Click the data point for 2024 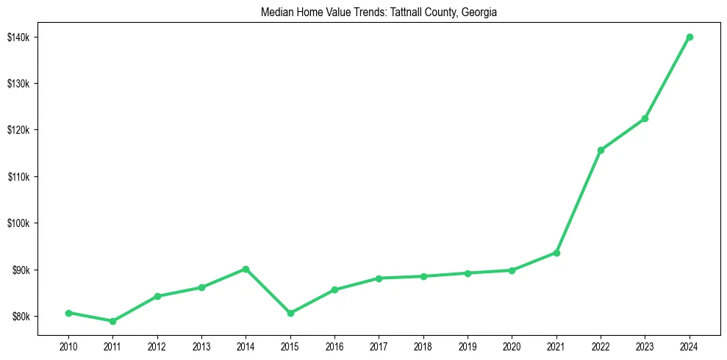690,37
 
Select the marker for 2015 290,313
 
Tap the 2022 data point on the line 601,150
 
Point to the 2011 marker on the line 112,321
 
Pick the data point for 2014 246,269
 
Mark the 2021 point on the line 556,253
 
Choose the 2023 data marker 645,118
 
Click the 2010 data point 68,313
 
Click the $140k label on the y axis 19,37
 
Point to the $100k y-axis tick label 19,223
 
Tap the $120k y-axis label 19,130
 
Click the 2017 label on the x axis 379,346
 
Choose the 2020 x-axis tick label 512,346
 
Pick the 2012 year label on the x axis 157,346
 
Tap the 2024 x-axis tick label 690,346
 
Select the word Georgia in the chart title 480,12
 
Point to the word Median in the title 276,12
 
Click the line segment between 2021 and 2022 579,201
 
